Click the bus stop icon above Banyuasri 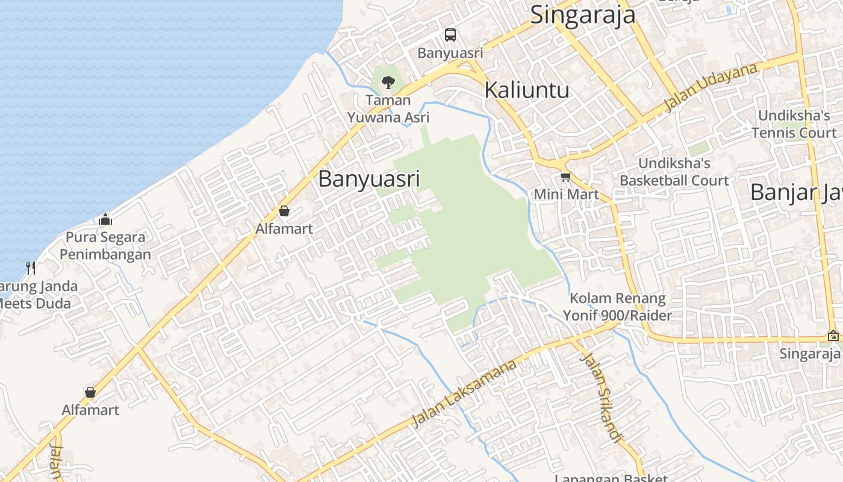[x=450, y=35]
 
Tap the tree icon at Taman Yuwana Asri [x=388, y=82]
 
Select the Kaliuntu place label [x=527, y=90]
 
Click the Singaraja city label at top [x=582, y=15]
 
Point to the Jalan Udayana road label [x=711, y=87]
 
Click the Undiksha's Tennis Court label [x=794, y=124]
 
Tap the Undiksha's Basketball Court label [x=674, y=172]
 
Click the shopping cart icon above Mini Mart [x=565, y=177]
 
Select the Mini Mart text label [x=566, y=194]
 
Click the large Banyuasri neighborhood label [x=369, y=179]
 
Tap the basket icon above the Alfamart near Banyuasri [x=284, y=211]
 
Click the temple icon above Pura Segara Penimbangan [x=106, y=219]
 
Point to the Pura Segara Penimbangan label [x=105, y=245]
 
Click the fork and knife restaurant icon [x=30, y=268]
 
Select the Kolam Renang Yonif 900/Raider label [x=617, y=306]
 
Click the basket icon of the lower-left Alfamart [x=90, y=393]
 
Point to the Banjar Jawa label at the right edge [x=795, y=192]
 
